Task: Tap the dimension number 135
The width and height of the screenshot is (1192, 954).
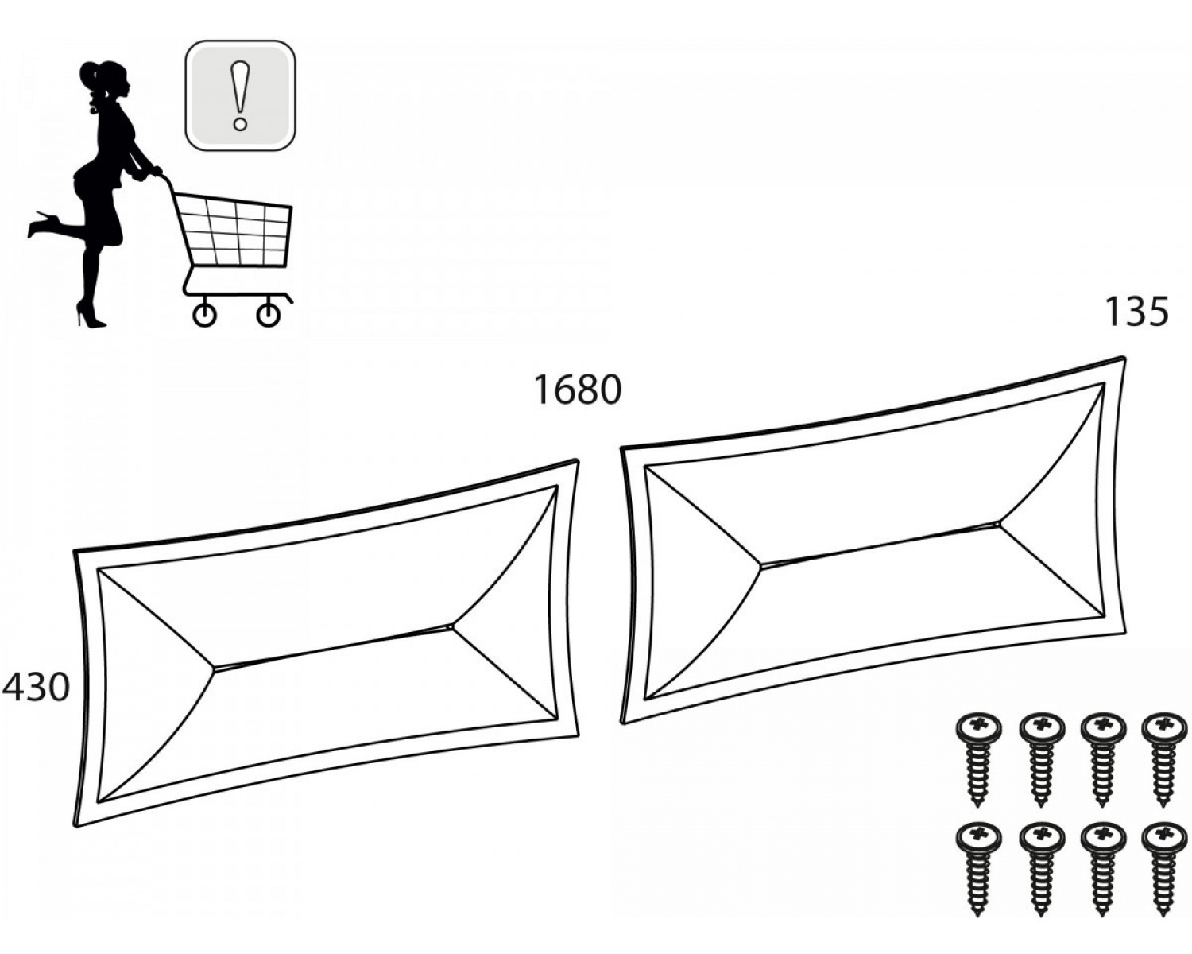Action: click(x=1136, y=312)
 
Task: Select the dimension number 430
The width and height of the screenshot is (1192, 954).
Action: click(x=37, y=688)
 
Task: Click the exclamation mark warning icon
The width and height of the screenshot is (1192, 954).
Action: click(x=240, y=95)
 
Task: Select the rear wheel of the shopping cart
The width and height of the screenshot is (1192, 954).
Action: click(x=204, y=316)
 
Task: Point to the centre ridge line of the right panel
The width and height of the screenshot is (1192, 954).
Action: click(x=880, y=545)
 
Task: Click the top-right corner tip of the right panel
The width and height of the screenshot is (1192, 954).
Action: click(x=1124, y=356)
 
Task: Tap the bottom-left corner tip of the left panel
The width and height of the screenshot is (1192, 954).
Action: click(x=76, y=827)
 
